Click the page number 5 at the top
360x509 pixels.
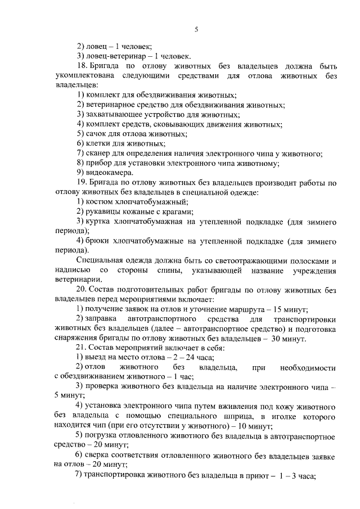coord(196,29)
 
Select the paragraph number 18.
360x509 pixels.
coord(81,66)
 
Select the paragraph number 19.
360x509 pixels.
coord(81,182)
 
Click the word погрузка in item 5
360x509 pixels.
coord(103,436)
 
